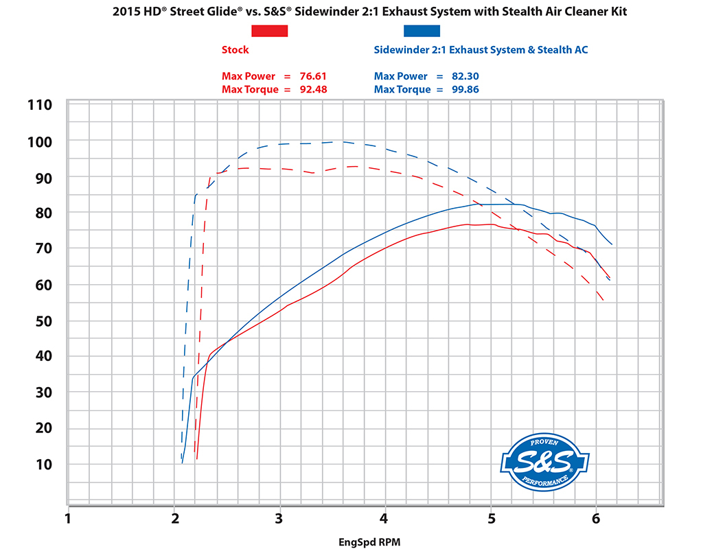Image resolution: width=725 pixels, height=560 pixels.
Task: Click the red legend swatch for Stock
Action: pyautogui.click(x=269, y=31)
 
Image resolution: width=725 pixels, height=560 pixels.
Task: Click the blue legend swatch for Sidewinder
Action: pyautogui.click(x=422, y=31)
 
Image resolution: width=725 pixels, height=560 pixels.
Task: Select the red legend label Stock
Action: pyautogui.click(x=235, y=50)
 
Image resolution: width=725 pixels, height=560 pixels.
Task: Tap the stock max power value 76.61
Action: pyautogui.click(x=313, y=76)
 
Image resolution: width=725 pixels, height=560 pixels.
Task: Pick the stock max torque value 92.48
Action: pyautogui.click(x=313, y=90)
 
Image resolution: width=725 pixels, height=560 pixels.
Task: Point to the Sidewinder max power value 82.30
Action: pyautogui.click(x=465, y=76)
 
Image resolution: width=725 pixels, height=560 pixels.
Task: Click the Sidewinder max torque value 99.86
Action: pyautogui.click(x=465, y=90)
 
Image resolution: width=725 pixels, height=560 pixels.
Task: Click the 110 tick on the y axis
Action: pyautogui.click(x=40, y=106)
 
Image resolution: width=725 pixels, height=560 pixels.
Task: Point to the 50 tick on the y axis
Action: pyautogui.click(x=43, y=320)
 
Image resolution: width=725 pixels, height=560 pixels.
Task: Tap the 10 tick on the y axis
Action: pyautogui.click(x=43, y=464)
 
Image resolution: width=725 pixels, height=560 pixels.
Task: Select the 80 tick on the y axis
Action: pyautogui.click(x=43, y=213)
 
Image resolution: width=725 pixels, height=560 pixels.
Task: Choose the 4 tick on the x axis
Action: pyautogui.click(x=385, y=518)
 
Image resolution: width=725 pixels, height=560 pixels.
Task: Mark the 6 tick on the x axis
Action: pyautogui.click(x=596, y=518)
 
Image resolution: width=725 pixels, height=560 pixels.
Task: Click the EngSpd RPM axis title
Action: pyautogui.click(x=369, y=542)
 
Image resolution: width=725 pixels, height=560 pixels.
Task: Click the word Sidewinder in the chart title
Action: pyautogui.click(x=329, y=11)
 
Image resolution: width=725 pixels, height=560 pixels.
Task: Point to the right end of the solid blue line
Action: pyautogui.click(x=612, y=245)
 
